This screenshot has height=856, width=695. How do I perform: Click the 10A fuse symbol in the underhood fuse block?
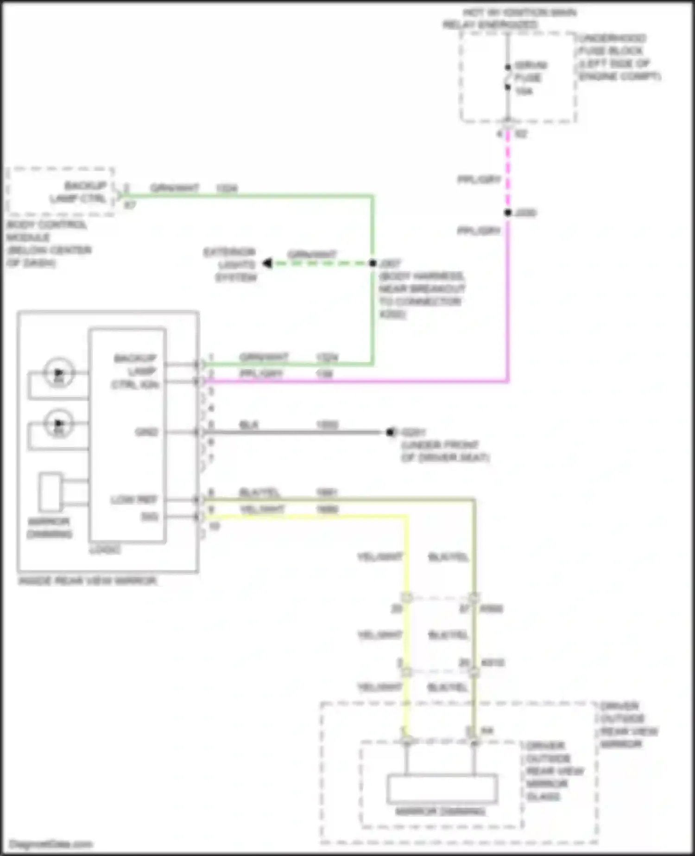pyautogui.click(x=508, y=77)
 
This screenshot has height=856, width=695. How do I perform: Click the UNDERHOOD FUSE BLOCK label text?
pyautogui.click(x=612, y=45)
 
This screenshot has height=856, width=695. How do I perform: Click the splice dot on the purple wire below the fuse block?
pyautogui.click(x=508, y=213)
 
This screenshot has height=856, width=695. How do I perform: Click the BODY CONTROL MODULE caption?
pyautogui.click(x=46, y=231)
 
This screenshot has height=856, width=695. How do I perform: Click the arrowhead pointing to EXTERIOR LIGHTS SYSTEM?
pyautogui.click(x=267, y=263)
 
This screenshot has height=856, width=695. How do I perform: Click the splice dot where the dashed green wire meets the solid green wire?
pyautogui.click(x=373, y=263)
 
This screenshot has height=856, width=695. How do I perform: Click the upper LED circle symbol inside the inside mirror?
pyautogui.click(x=58, y=373)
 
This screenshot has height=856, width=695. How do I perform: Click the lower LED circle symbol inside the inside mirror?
pyautogui.click(x=58, y=423)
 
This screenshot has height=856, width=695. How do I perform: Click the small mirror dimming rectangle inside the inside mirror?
pyautogui.click(x=50, y=492)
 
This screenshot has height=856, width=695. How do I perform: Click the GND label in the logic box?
pyautogui.click(x=146, y=432)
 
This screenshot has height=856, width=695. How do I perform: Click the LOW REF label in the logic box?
pyautogui.click(x=134, y=500)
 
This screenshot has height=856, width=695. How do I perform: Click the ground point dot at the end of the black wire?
pyautogui.click(x=390, y=432)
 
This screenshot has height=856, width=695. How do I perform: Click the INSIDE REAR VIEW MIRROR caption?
pyautogui.click(x=87, y=581)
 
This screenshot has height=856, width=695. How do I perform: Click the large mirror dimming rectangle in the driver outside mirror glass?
pyautogui.click(x=442, y=788)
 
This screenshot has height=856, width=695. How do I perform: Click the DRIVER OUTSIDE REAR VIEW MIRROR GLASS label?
pyautogui.click(x=554, y=771)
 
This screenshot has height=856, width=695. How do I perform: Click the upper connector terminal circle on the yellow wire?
pyautogui.click(x=407, y=598)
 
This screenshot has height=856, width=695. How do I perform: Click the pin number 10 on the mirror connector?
pyautogui.click(x=214, y=526)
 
